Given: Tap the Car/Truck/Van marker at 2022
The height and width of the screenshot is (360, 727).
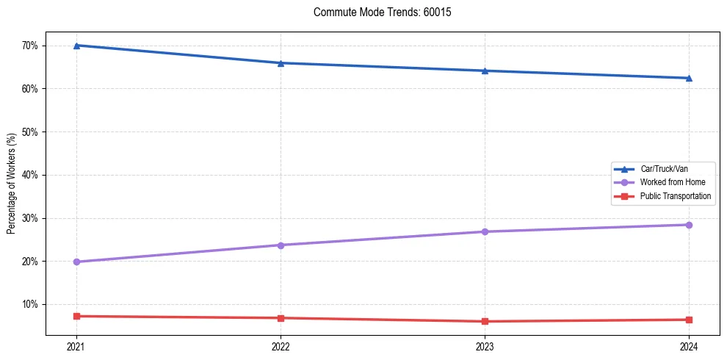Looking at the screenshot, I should pos(281,63).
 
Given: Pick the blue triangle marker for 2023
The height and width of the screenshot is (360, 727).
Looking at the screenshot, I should pos(485,71).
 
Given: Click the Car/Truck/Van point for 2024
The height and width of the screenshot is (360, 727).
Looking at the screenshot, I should pos(689,78).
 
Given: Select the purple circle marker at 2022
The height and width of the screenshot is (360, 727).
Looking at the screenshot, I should pos(281,245).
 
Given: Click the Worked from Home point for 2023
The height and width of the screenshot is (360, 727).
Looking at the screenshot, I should pos(485,231).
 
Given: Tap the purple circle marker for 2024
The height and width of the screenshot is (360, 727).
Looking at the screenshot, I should pos(689,225).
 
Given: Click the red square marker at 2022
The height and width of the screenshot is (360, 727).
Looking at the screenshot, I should pos(281,318).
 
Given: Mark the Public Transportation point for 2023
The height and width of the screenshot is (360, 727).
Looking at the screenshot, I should pos(485,321).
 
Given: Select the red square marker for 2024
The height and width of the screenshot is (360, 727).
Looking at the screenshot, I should pos(689,320).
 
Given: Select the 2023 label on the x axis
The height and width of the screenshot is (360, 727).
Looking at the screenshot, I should pos(485,347).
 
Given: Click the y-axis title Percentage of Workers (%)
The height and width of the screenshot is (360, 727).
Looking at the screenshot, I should pos(11,184).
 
